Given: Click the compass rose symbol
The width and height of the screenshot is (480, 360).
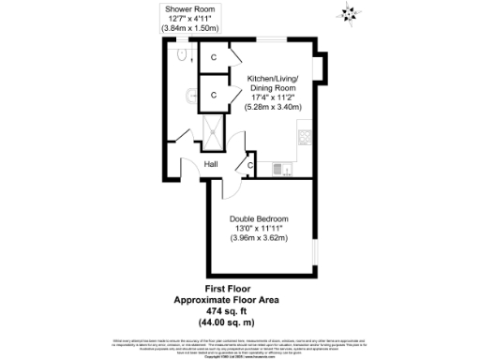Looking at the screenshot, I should [x=350, y=12].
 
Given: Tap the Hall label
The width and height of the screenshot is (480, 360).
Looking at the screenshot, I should [x=212, y=165].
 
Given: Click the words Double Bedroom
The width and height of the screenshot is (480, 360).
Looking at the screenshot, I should [x=258, y=218].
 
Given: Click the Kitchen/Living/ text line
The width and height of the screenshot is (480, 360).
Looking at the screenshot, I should [x=273, y=79].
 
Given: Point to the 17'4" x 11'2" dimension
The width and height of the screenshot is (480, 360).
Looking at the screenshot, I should [x=273, y=97].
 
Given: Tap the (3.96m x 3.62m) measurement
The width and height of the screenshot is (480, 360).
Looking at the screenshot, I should [x=258, y=237].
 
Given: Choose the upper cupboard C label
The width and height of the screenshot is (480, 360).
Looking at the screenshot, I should [x=213, y=58].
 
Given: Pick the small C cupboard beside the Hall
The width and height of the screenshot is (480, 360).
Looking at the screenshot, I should [x=250, y=166].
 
